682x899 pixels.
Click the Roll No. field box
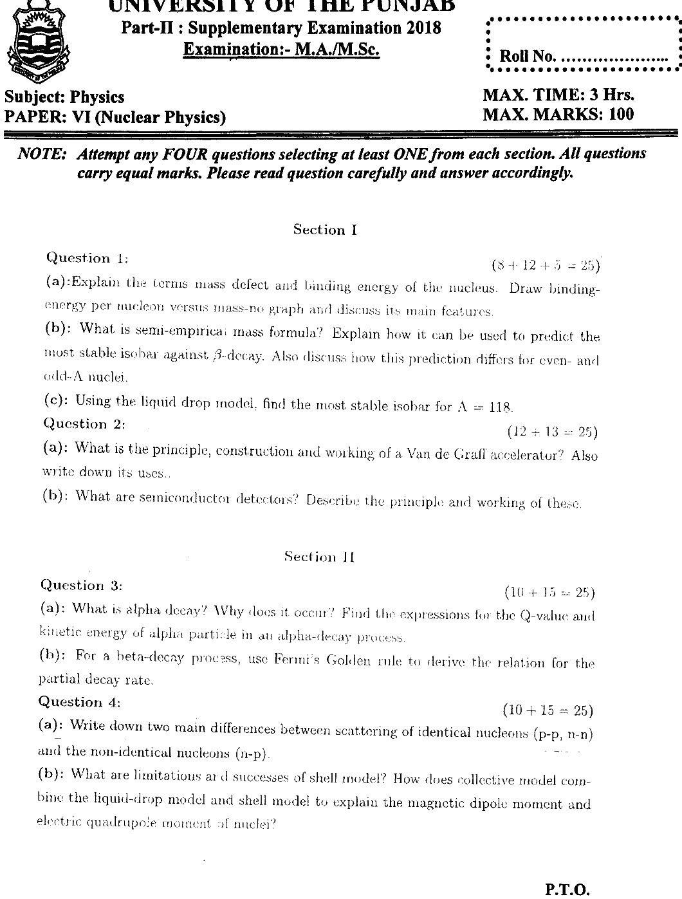coord(584,44)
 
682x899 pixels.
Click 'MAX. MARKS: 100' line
coord(558,115)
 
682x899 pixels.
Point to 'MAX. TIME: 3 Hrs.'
coord(558,95)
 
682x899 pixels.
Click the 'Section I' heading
coord(325,230)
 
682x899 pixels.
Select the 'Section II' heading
coord(319,557)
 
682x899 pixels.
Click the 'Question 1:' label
coord(87,259)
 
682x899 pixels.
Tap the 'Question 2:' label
coord(84,424)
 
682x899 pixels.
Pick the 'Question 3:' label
coord(81,586)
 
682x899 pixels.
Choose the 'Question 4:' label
coord(80,702)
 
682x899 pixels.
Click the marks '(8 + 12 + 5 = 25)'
coord(546,265)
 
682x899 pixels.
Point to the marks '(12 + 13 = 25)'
coord(552,431)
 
